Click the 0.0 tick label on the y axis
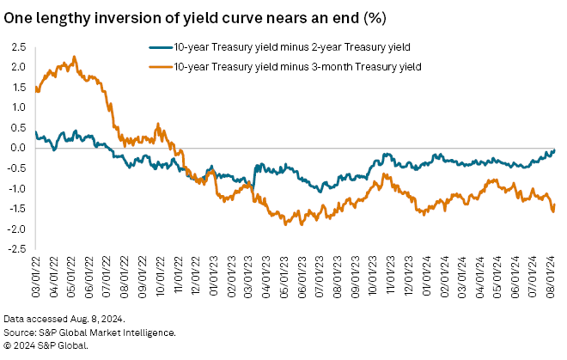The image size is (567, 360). pos(16,148)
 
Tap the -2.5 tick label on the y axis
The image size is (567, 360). pos(15,249)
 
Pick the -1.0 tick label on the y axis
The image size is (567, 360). pos(15,188)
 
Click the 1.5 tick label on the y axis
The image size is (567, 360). pos(16,87)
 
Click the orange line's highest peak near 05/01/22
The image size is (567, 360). pos(75,58)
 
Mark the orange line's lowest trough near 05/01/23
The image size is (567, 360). pos(285,223)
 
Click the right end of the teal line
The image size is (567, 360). pos(554,149)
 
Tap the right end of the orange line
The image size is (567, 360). pos(554,204)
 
